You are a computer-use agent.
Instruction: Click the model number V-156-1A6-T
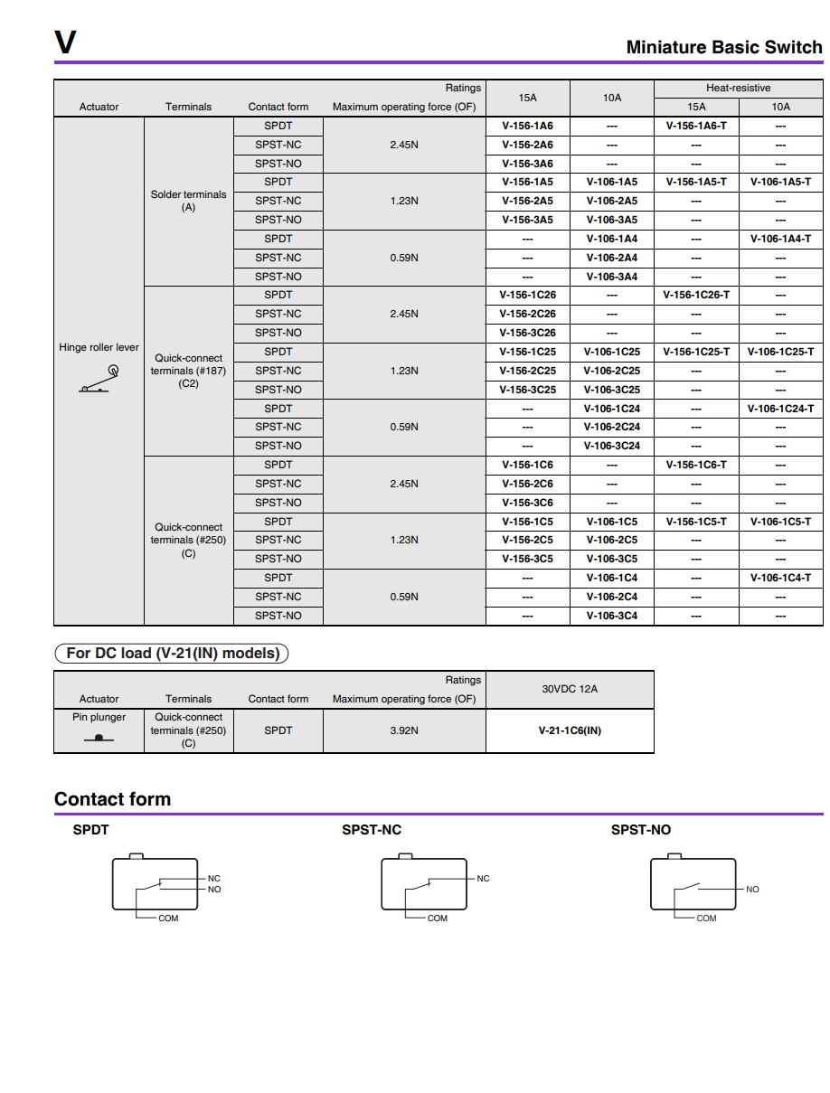(696, 126)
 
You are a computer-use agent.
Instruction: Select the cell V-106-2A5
(611, 201)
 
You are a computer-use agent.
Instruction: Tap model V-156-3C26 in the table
(527, 333)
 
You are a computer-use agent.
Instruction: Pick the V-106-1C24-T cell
(780, 409)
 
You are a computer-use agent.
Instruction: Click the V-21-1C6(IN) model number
(570, 730)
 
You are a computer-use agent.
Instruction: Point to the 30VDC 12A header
(570, 689)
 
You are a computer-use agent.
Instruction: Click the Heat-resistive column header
(738, 88)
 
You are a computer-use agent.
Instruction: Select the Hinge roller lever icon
(99, 380)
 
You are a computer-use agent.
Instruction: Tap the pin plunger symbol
(99, 738)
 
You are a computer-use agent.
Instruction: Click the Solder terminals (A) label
(188, 201)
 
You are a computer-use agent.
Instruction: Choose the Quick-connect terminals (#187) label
(188, 371)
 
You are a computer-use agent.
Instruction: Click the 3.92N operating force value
(403, 730)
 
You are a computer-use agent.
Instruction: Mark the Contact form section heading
(112, 799)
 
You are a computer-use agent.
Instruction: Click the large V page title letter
(65, 42)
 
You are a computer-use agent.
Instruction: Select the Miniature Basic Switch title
(723, 47)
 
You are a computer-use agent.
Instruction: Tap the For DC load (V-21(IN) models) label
(172, 653)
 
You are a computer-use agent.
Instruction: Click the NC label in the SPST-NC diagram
(483, 879)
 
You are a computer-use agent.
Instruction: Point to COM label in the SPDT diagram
(168, 919)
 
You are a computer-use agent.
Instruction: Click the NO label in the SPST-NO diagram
(752, 890)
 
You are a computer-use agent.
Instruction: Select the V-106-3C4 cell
(611, 616)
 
